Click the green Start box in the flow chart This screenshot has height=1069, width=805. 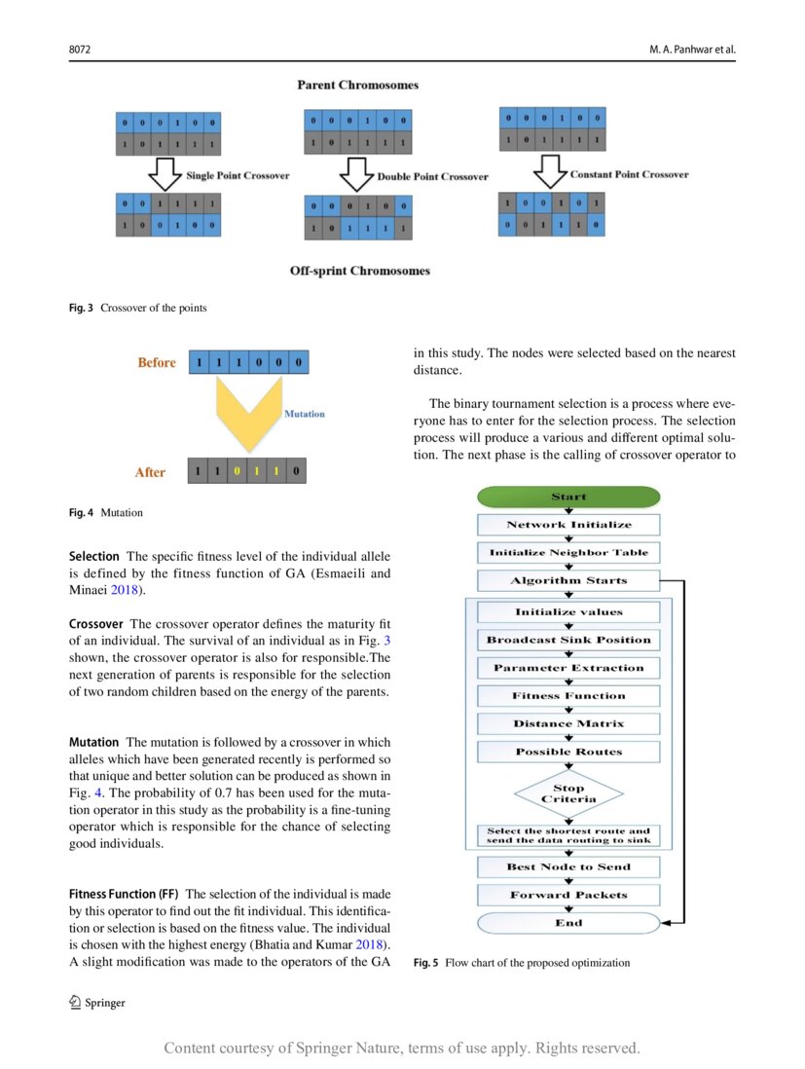coord(568,497)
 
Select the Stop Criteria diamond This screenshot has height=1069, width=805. coord(568,793)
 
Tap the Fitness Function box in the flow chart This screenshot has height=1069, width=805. coord(568,696)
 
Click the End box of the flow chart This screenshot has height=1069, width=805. coord(568,923)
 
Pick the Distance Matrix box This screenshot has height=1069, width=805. coord(568,724)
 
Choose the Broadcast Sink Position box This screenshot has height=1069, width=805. coord(568,641)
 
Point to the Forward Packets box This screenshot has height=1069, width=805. coord(568,895)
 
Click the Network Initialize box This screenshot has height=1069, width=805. coord(568,525)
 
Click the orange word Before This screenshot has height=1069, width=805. coord(157,363)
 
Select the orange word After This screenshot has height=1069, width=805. coord(150,472)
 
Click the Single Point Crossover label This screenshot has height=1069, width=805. coord(238,176)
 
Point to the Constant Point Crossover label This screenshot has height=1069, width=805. coord(629,175)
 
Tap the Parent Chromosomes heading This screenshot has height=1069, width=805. coord(357,86)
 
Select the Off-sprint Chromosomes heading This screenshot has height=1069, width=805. coord(359,271)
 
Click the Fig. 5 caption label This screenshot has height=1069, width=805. coord(426,963)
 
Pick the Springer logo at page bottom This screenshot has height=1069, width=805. coord(96,1003)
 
